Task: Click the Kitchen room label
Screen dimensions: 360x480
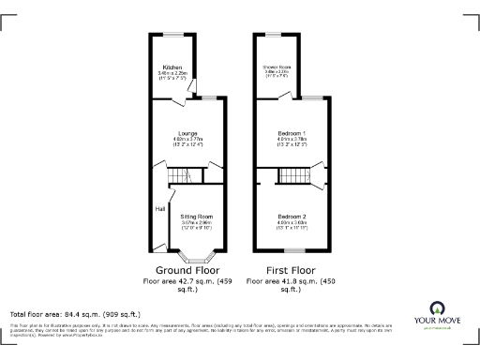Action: coord(172,67)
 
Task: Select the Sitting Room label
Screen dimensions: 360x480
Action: coord(197,217)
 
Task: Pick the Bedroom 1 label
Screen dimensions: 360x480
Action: coord(292,133)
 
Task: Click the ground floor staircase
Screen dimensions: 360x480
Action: coord(179,178)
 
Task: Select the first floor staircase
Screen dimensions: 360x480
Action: coord(292,176)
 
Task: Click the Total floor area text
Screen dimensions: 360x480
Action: coord(75,314)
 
